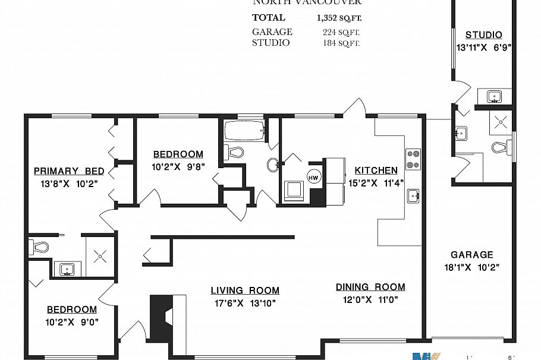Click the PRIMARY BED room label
[69, 171]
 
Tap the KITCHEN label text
[376, 170]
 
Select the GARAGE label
[471, 254]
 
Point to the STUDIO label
[483, 35]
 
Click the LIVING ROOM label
[245, 290]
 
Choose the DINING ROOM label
[370, 287]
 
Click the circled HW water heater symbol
[313, 176]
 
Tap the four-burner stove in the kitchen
[413, 159]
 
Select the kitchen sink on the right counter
[414, 195]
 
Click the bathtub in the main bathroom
[244, 132]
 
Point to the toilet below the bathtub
[235, 152]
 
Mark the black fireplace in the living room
[159, 318]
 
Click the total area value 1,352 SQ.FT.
[339, 18]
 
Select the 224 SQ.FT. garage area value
[341, 32]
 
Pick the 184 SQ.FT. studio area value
[341, 43]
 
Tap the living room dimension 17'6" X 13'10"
[245, 303]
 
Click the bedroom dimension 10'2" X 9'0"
[72, 322]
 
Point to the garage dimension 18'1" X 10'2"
[471, 267]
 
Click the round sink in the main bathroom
[273, 165]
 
